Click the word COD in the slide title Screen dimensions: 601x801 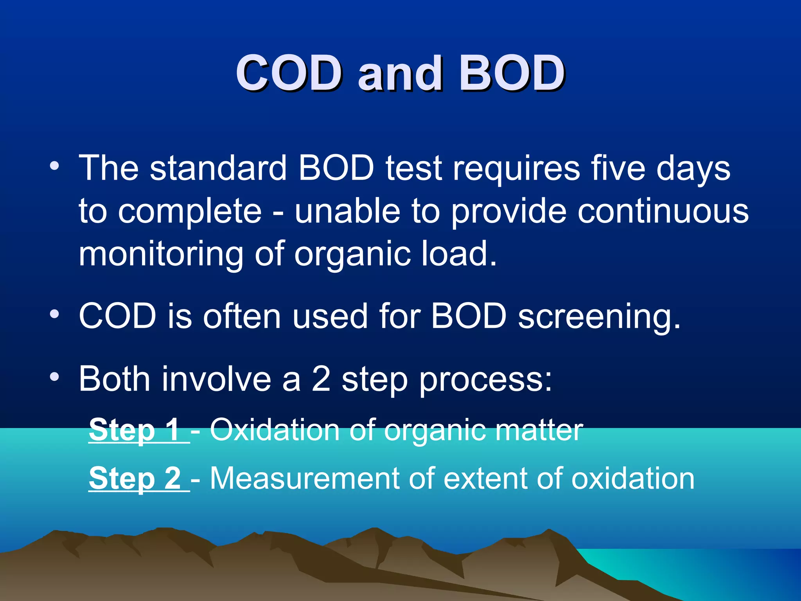(x=288, y=73)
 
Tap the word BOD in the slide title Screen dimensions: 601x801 (x=512, y=73)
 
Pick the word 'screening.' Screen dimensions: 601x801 (x=599, y=317)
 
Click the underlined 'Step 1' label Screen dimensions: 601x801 (x=135, y=430)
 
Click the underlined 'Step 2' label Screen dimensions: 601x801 (x=135, y=478)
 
